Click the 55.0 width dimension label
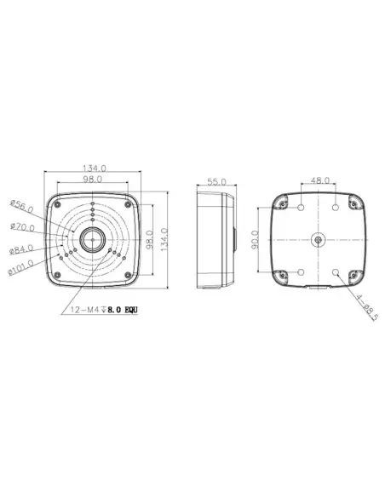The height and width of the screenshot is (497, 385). (215, 182)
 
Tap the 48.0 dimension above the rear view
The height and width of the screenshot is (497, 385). (321, 181)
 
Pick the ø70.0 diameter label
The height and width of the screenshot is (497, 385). (23, 228)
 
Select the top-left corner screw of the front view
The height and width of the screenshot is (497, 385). (56, 202)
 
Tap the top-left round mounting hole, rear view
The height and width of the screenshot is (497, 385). (303, 207)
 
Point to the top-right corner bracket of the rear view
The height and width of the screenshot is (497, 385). (355, 202)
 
